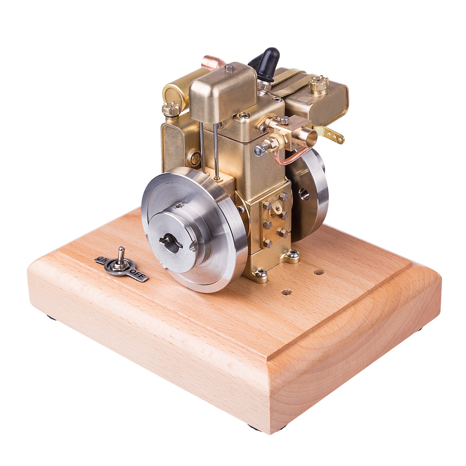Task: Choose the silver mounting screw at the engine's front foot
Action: (x=260, y=272)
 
